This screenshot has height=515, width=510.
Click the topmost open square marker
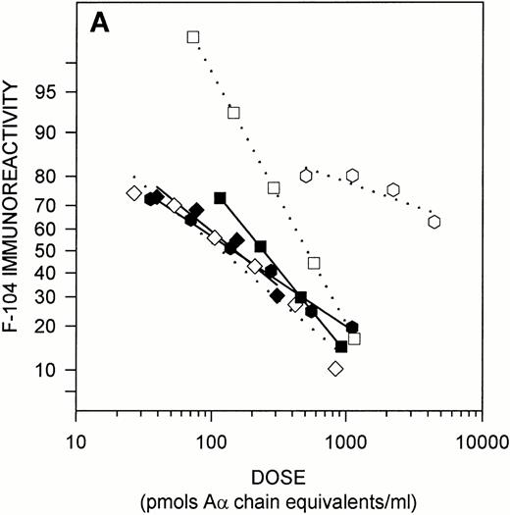point(193,37)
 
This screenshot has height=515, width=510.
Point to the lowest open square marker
point(354,338)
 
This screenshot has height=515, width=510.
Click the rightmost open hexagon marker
point(434,222)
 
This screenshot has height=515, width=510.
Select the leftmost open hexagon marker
point(306,176)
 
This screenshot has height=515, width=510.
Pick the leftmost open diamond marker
point(134,192)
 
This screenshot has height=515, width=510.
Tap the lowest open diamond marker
point(336,369)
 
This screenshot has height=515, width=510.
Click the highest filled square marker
point(220,198)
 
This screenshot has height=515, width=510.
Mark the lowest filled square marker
point(341,346)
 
